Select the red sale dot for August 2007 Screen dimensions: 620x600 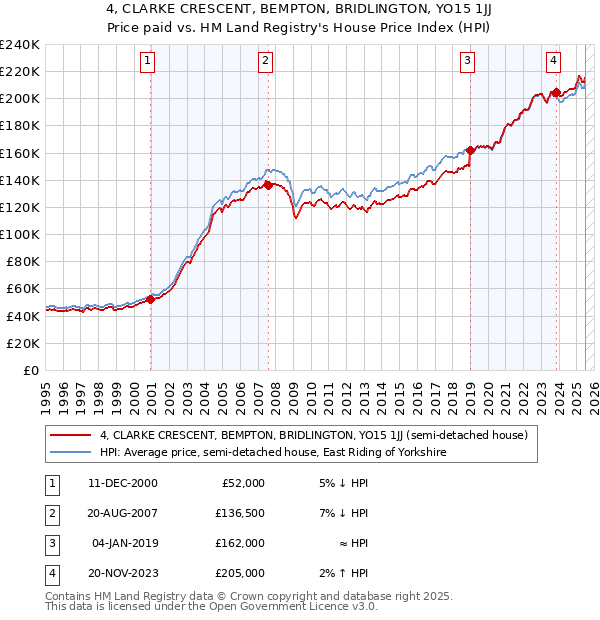click(268, 185)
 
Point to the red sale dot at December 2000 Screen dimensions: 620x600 click(151, 299)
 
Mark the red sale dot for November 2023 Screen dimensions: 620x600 click(556, 92)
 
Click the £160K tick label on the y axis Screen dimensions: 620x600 click(20, 153)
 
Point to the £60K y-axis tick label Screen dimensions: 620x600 click(23, 288)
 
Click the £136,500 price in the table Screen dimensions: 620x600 click(241, 514)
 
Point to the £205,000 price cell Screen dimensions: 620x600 click(241, 573)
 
